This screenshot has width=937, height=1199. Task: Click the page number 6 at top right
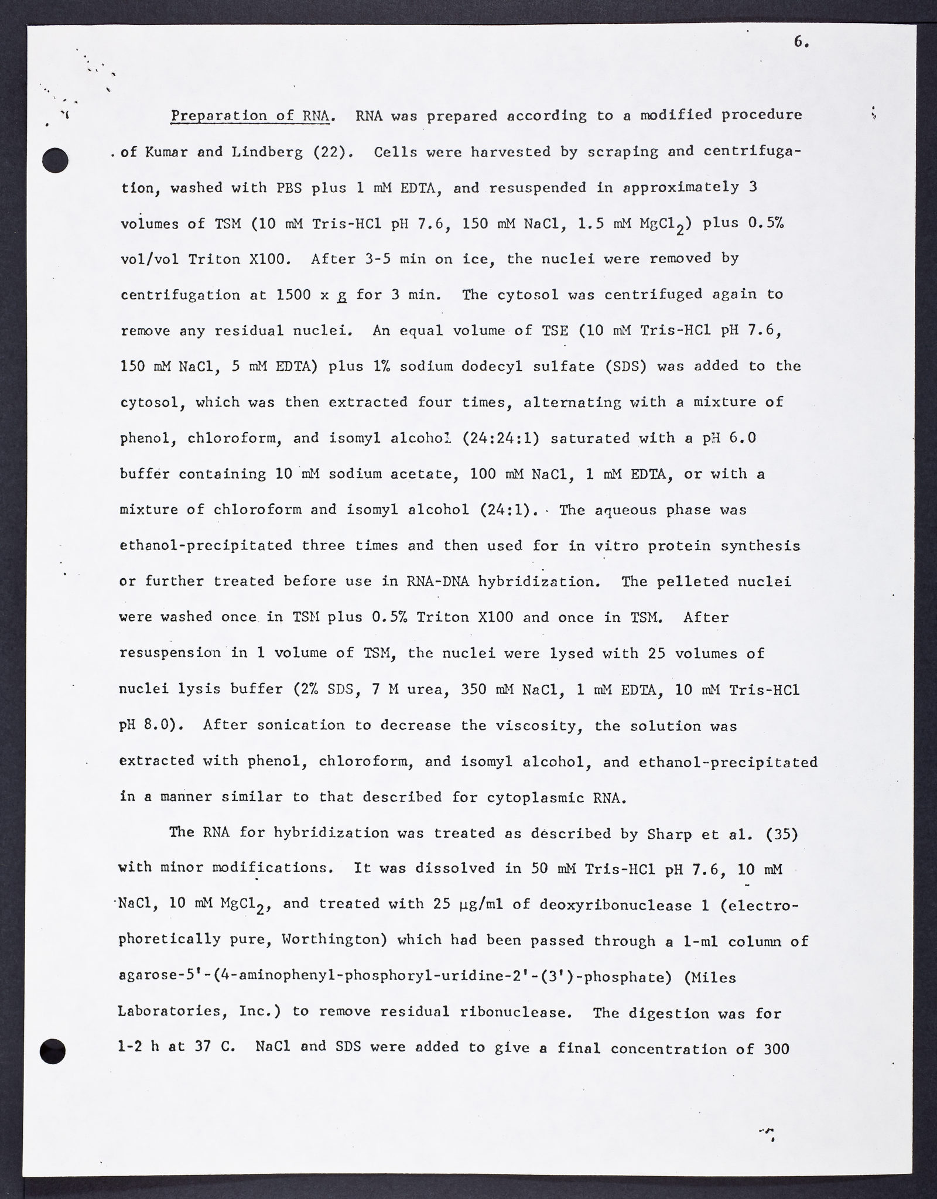click(801, 42)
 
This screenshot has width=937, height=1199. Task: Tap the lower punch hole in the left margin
click(53, 1051)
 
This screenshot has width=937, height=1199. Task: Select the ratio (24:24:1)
click(501, 438)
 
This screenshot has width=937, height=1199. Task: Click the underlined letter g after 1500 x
click(341, 296)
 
